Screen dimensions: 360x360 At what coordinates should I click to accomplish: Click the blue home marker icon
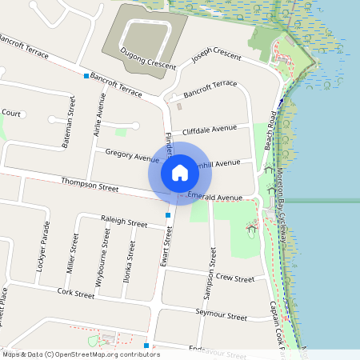180,173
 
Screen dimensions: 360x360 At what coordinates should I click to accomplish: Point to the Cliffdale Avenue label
210,128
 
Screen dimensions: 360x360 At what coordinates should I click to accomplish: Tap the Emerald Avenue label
214,197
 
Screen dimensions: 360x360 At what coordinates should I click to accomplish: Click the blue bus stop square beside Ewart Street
167,215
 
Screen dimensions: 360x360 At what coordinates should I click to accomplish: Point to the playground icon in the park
253,229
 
